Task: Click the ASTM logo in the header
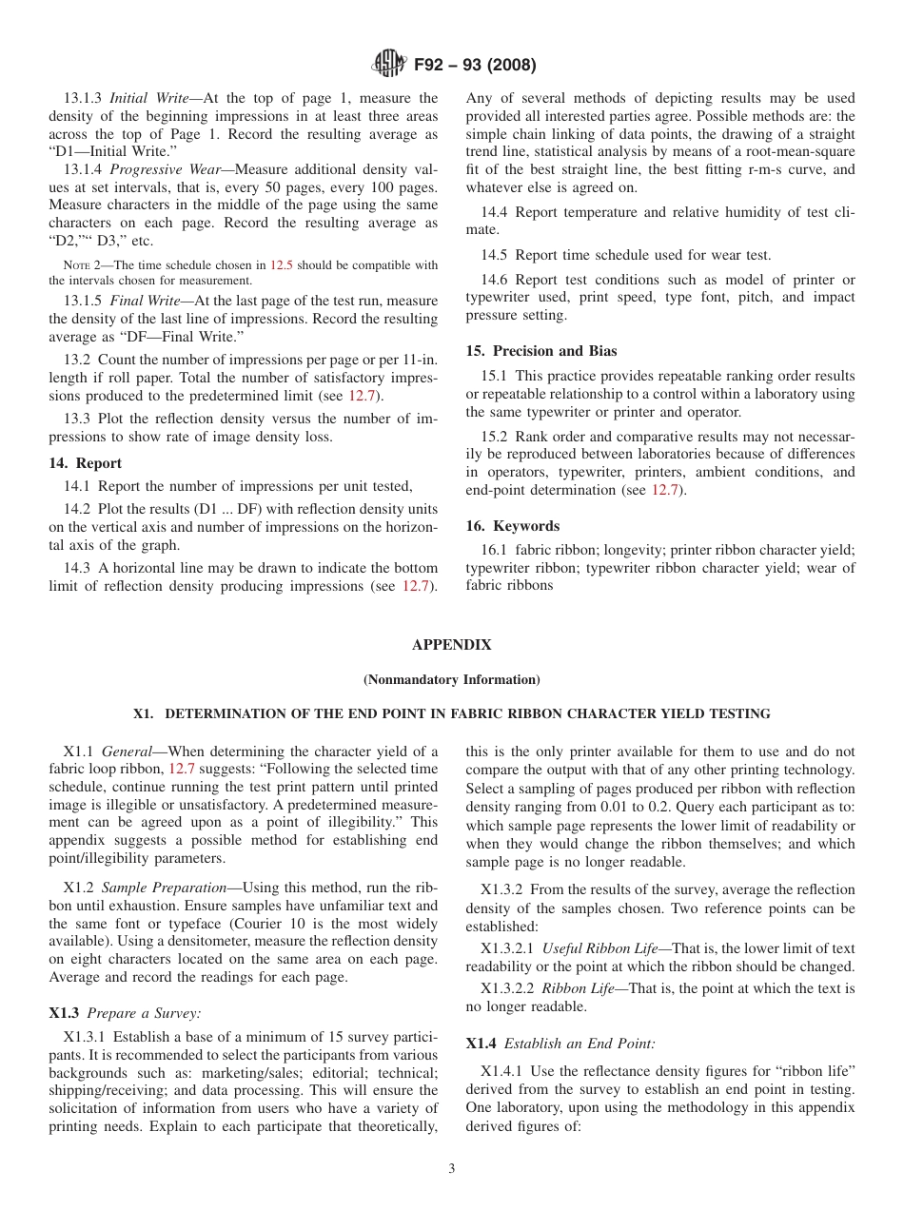(x=388, y=65)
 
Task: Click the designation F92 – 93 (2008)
(x=475, y=66)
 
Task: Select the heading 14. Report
(x=86, y=463)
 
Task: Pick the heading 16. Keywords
(x=512, y=526)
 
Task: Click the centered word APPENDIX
(x=451, y=645)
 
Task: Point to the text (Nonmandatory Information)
(x=451, y=679)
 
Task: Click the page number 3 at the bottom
(x=451, y=1169)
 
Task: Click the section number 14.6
(x=495, y=280)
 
